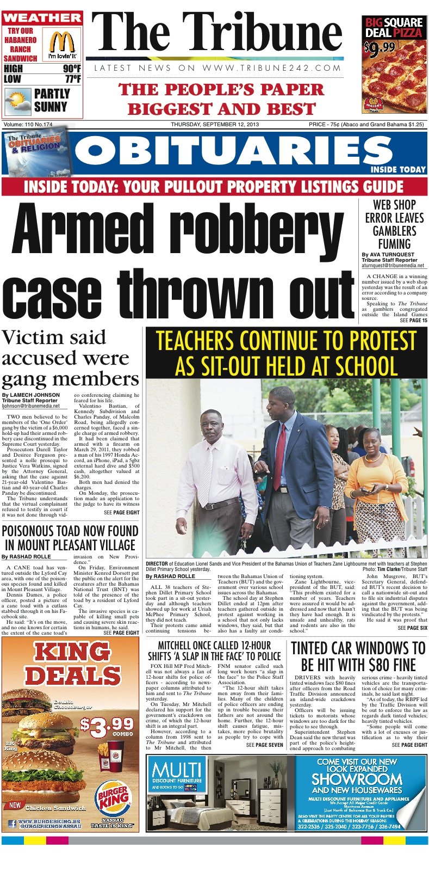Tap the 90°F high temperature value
click(x=72, y=69)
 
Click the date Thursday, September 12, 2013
click(x=215, y=125)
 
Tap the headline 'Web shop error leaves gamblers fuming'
click(x=394, y=224)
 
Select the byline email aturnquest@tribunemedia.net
click(x=393, y=265)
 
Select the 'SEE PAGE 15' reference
click(x=413, y=321)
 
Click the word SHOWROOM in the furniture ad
click(x=356, y=779)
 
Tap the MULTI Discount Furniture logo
click(x=177, y=774)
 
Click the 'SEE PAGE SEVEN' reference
click(x=264, y=745)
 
